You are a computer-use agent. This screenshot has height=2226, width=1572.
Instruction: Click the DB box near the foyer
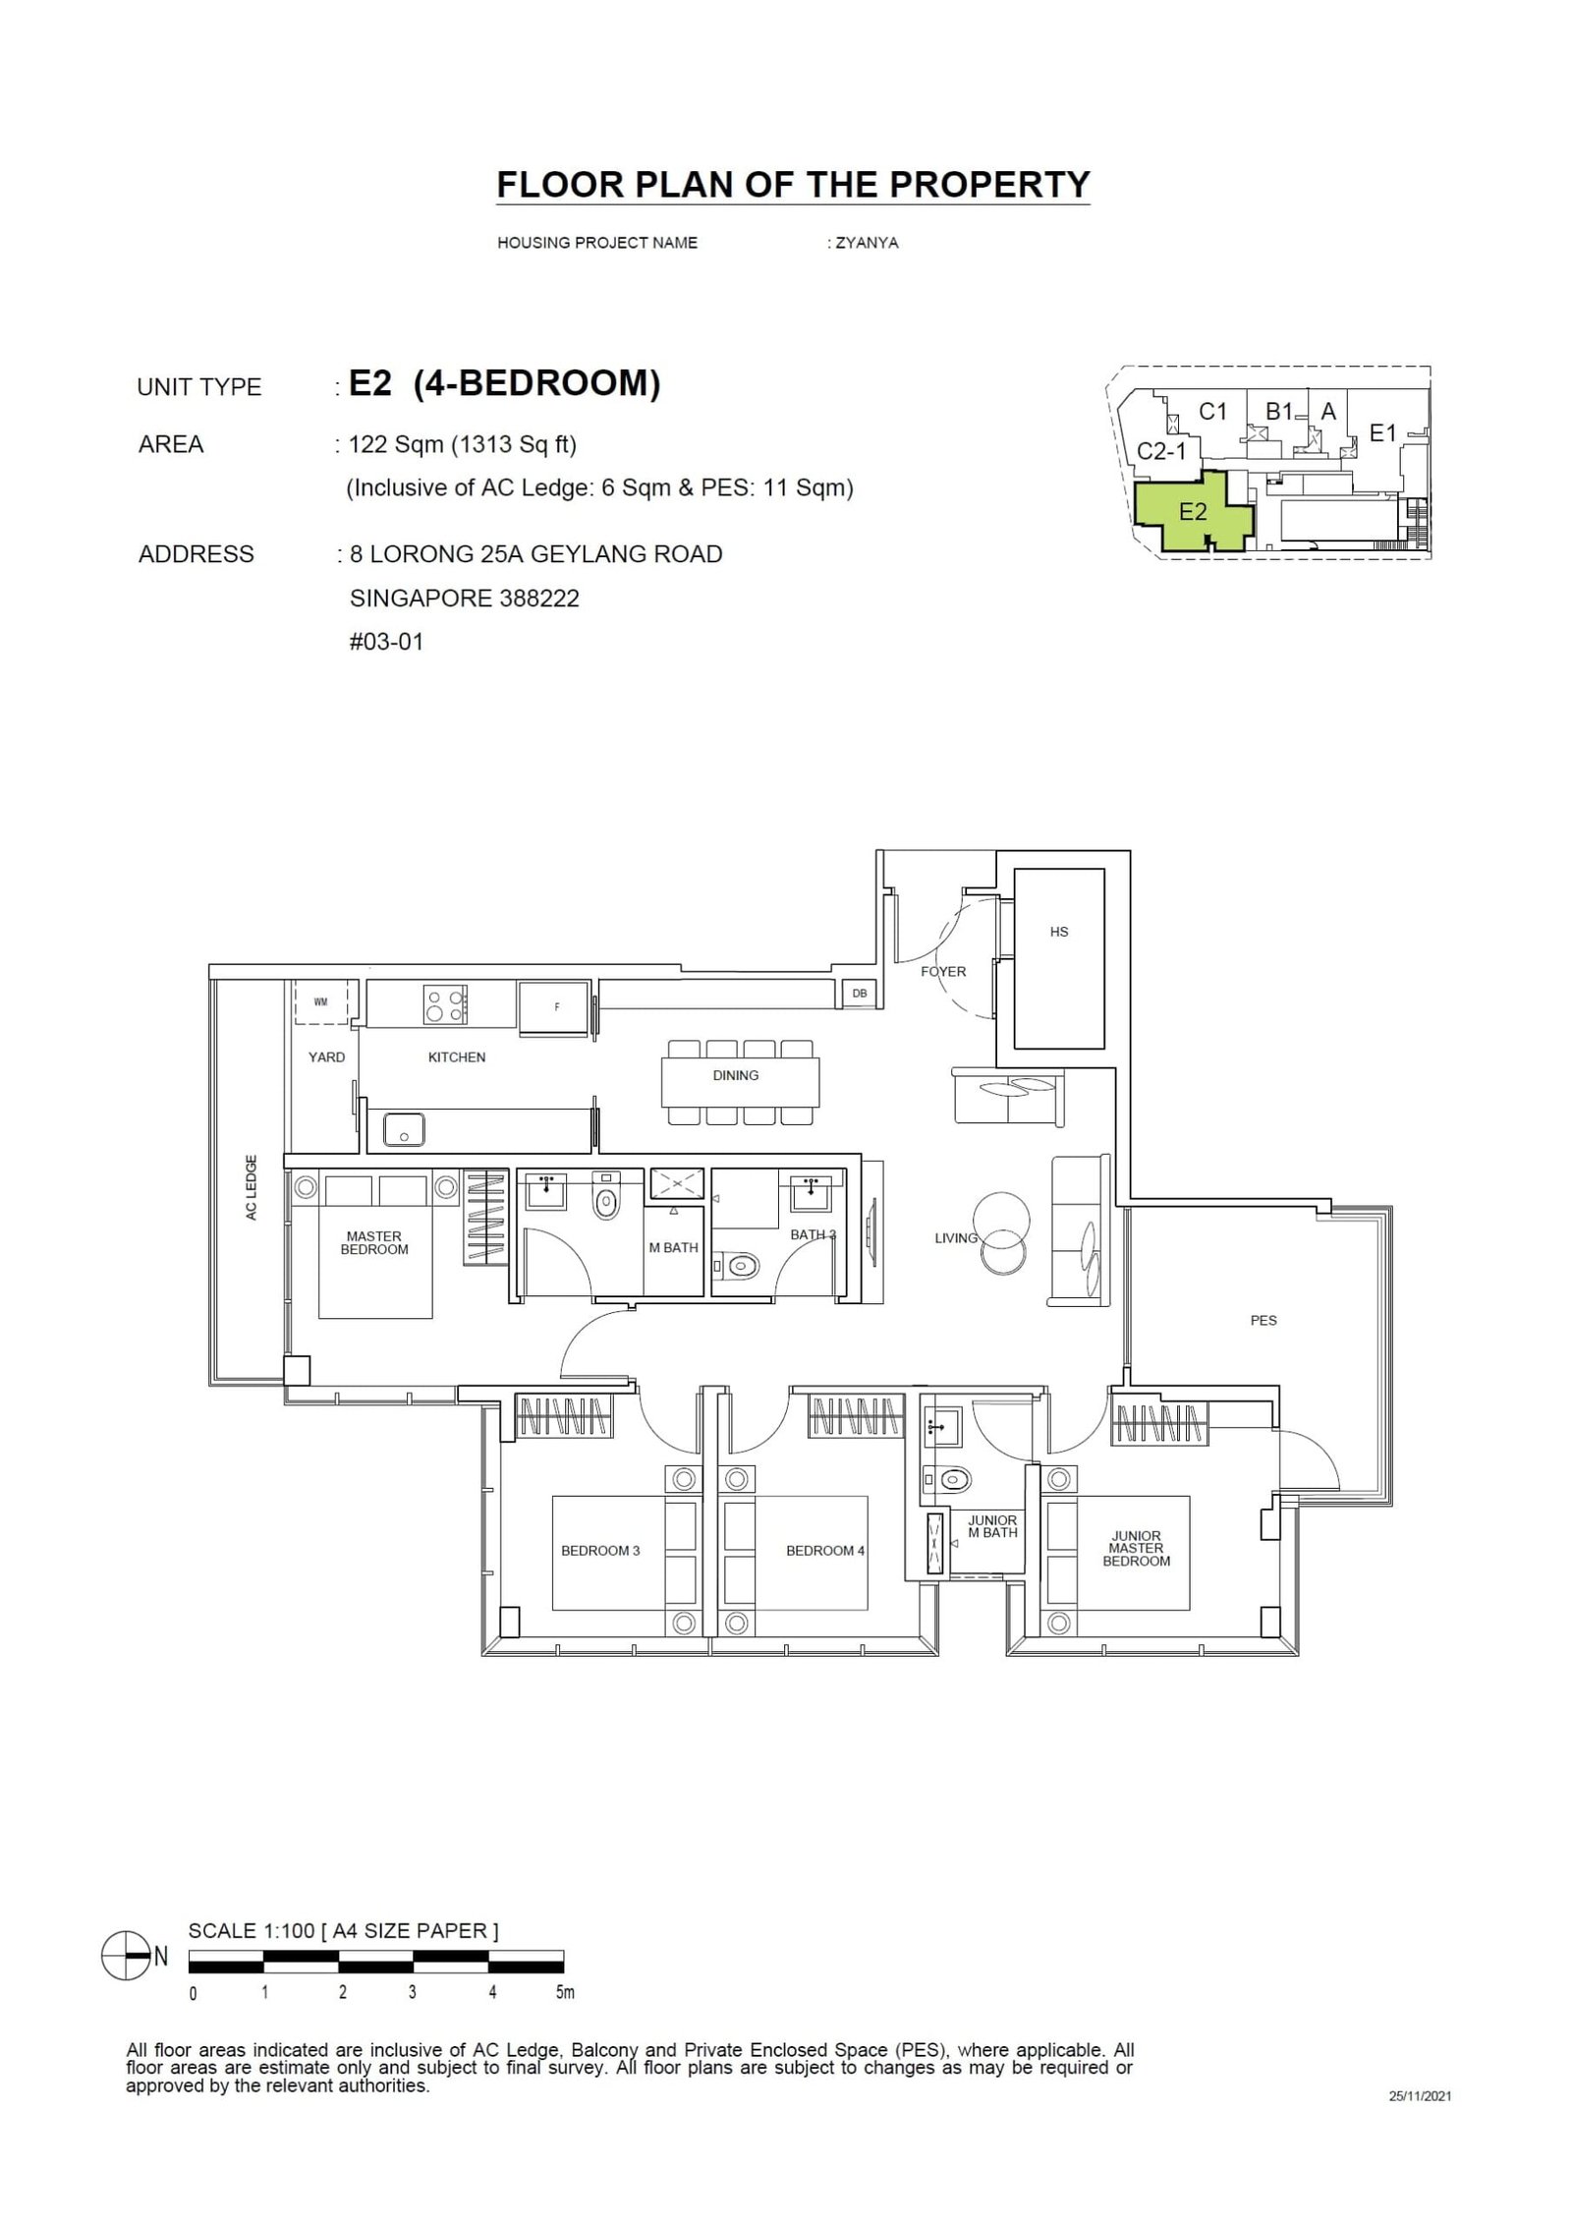click(x=859, y=994)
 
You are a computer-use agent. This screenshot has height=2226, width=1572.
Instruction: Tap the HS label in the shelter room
click(x=1058, y=932)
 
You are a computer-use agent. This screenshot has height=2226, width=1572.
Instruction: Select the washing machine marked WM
click(x=320, y=1002)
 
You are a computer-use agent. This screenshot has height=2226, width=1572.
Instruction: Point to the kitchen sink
click(x=403, y=1128)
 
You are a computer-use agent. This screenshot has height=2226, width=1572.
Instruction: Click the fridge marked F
click(x=556, y=1007)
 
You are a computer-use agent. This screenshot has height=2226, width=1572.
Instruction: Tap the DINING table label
click(x=735, y=1075)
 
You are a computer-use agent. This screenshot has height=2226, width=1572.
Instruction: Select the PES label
click(x=1263, y=1320)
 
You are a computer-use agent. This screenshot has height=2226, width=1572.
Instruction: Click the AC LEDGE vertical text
click(x=252, y=1187)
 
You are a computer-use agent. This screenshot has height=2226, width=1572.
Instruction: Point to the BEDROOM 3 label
click(x=600, y=1550)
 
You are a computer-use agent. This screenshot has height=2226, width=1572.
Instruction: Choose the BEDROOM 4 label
click(x=824, y=1550)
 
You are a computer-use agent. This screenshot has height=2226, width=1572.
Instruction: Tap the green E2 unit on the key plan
click(x=1192, y=512)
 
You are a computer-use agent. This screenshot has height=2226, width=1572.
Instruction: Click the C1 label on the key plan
click(x=1213, y=412)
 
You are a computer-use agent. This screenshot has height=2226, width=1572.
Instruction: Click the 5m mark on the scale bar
click(x=564, y=2013)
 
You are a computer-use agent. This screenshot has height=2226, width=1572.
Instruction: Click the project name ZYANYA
click(x=866, y=243)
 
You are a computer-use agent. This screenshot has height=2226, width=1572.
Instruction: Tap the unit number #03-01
click(x=386, y=642)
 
